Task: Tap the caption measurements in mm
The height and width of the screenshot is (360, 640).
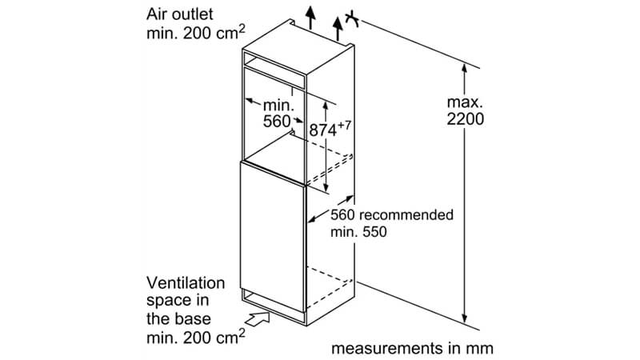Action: pyautogui.click(x=412, y=348)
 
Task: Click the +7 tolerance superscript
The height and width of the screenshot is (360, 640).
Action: pyautogui.click(x=345, y=123)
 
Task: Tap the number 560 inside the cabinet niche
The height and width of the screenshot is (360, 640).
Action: pyautogui.click(x=276, y=122)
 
